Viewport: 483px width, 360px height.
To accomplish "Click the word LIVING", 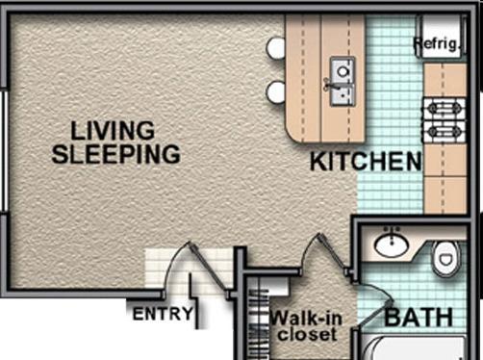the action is (x=113, y=131).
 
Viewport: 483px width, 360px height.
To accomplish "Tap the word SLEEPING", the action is (x=116, y=154).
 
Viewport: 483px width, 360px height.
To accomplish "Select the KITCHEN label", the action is (x=366, y=162).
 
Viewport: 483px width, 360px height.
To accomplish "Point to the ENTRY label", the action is (x=163, y=314).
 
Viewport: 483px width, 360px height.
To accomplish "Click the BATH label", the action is (x=419, y=318).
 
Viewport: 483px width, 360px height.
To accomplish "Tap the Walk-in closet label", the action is (x=306, y=326).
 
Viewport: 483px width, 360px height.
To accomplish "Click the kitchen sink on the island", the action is (x=343, y=81).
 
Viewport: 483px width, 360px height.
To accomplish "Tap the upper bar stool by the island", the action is (x=276, y=48).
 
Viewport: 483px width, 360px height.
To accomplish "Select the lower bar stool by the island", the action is (x=276, y=92).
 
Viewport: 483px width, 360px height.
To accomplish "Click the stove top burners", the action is (x=445, y=119).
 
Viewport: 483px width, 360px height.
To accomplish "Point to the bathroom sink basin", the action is (x=392, y=245).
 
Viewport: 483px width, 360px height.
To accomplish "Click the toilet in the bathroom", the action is (x=445, y=258).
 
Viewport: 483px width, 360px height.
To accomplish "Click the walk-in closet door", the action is (x=325, y=253).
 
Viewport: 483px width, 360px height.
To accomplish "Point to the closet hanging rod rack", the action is (x=259, y=321).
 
